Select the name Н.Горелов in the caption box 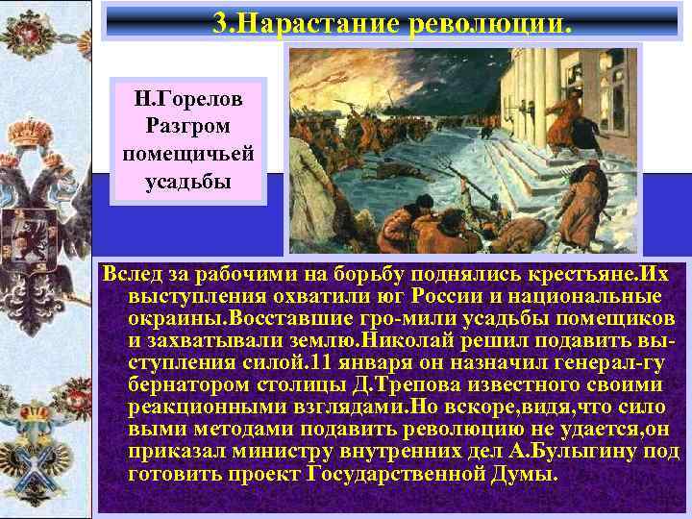[189, 98]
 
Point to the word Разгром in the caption [188, 126]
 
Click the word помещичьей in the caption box [188, 154]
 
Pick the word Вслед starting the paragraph [132, 276]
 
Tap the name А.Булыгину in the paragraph [575, 452]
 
